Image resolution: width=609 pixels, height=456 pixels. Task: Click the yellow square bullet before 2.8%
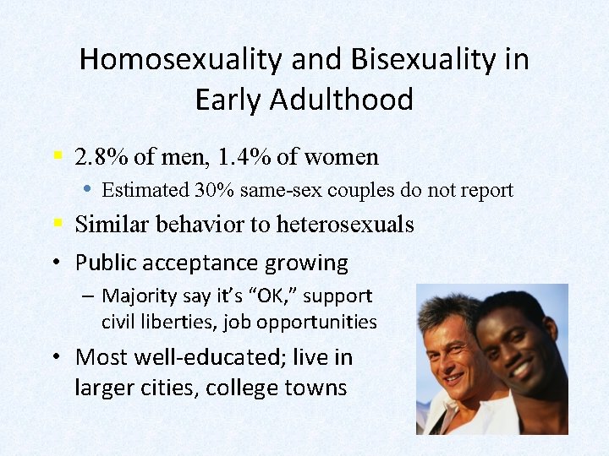[57, 156]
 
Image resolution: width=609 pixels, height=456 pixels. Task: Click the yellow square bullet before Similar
[57, 224]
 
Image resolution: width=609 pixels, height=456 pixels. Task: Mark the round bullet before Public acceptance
[55, 263]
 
